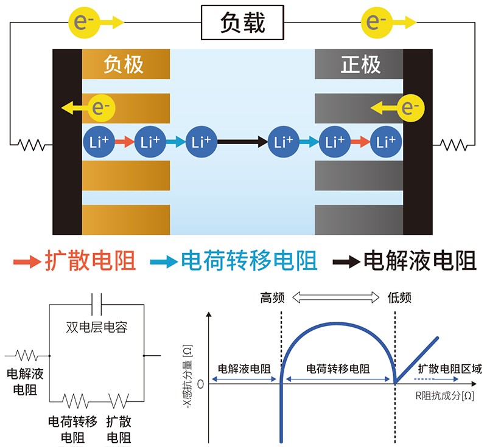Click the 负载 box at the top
click(242, 23)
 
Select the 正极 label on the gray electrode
click(360, 64)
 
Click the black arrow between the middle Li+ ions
click(242, 142)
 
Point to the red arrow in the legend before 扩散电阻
click(27, 262)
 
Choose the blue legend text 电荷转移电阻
click(250, 262)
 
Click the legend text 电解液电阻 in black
click(419, 262)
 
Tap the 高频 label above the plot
click(273, 297)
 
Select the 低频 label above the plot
click(399, 297)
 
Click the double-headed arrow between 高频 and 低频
click(336, 297)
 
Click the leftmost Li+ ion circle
click(97, 142)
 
